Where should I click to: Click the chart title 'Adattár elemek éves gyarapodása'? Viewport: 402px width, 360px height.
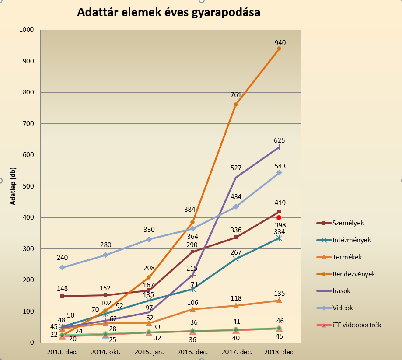click(x=168, y=13)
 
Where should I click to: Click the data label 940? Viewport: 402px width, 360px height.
click(x=280, y=43)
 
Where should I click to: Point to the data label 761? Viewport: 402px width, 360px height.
click(x=237, y=95)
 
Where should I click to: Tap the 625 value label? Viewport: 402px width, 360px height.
click(x=279, y=140)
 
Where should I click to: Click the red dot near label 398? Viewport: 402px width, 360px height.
click(x=278, y=217)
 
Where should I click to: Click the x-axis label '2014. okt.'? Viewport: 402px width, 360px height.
click(x=105, y=352)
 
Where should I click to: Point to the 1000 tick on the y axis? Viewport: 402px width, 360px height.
click(x=27, y=30)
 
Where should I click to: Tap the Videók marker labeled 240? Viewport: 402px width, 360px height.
click(x=62, y=267)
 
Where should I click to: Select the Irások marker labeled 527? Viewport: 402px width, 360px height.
click(x=236, y=178)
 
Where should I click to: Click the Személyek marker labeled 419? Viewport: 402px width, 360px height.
click(x=279, y=212)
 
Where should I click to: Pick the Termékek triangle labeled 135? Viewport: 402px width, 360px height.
click(x=279, y=301)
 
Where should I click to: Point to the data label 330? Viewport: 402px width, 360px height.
click(x=149, y=230)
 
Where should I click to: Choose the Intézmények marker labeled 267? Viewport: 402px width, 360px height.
click(x=236, y=259)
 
